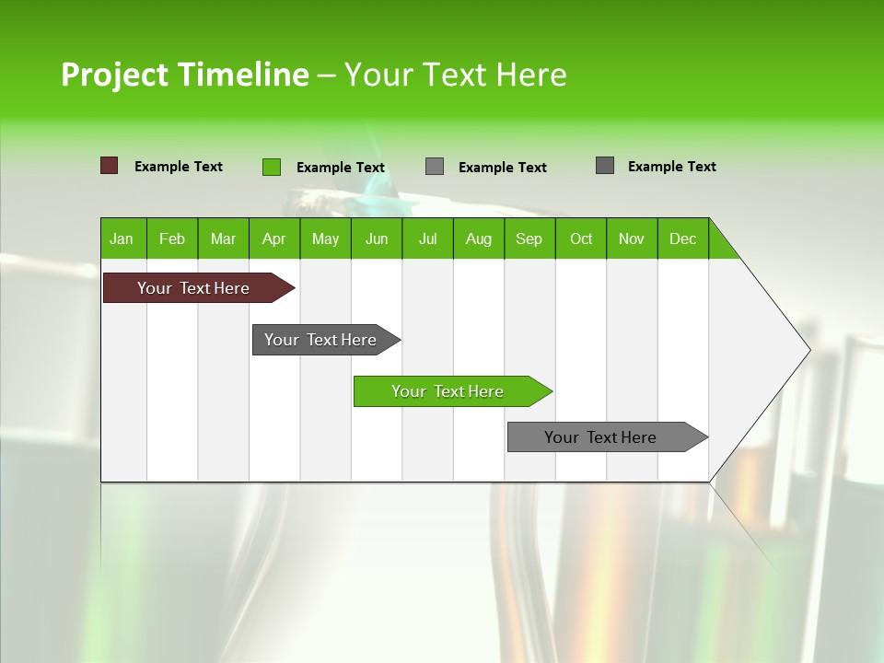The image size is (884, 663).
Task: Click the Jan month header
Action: tap(122, 238)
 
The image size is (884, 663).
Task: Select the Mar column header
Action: tap(223, 238)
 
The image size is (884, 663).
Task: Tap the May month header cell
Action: tap(325, 238)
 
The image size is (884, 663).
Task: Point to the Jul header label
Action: tap(427, 238)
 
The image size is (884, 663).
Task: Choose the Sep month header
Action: tap(529, 238)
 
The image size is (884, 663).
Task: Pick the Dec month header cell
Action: tap(682, 238)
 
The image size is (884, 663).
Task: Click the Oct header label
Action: tap(581, 238)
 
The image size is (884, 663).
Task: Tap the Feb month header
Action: tap(172, 238)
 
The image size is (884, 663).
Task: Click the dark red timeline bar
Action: tap(193, 288)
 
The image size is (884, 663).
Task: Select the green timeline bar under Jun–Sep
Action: tap(448, 391)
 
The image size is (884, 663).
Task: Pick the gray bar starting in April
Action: tap(320, 340)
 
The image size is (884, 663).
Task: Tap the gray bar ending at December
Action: tap(600, 437)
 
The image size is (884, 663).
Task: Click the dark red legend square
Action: tap(109, 166)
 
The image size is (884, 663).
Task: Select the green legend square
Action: tap(271, 167)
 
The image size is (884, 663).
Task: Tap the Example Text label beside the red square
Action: tap(179, 167)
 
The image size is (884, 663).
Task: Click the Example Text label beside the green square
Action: tap(341, 168)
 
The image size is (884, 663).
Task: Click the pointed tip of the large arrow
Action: tap(808, 350)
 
